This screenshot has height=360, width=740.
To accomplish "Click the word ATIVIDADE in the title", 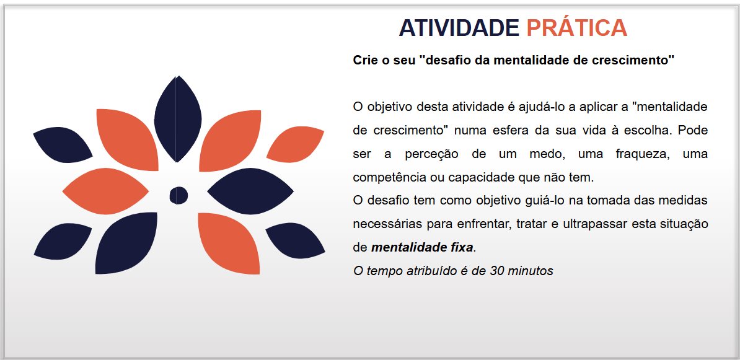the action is [x=459, y=28].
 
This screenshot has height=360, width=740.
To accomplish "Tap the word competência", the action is [x=382, y=178].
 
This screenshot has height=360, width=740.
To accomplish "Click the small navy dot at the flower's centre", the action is [x=179, y=195].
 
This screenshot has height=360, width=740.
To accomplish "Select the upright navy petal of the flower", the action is [x=177, y=119].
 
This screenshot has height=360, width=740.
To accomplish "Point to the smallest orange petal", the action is [x=295, y=143].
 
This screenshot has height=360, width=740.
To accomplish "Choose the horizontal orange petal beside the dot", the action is [x=105, y=191].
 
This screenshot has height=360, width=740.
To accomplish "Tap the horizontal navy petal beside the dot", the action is [x=250, y=191].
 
